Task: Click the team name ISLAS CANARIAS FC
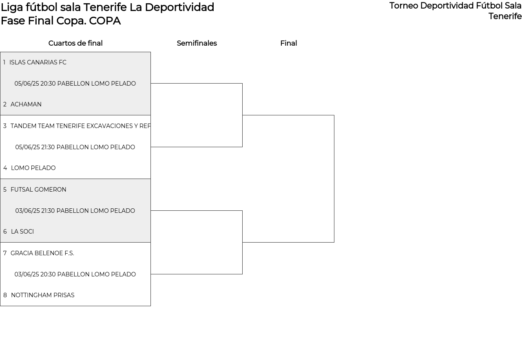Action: pyautogui.click(x=38, y=62)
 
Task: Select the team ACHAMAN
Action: pyautogui.click(x=26, y=104)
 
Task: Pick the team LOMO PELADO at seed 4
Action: pyautogui.click(x=33, y=168)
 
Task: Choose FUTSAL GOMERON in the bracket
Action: pyautogui.click(x=38, y=190)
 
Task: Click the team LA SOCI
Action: pyautogui.click(x=22, y=232)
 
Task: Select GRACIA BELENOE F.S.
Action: pyautogui.click(x=42, y=253)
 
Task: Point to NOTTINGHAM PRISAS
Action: pyautogui.click(x=43, y=295)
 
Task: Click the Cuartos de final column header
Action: pyautogui.click(x=75, y=43)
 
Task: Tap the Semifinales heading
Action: pyautogui.click(x=197, y=43)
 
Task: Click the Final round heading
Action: pyautogui.click(x=288, y=43)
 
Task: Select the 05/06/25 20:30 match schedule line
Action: pyautogui.click(x=75, y=84)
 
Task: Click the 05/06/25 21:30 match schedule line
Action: pyautogui.click(x=75, y=147)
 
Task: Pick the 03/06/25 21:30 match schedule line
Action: pyautogui.click(x=75, y=211)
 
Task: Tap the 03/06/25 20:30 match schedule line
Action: pyautogui.click(x=75, y=274)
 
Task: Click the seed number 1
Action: pyautogui.click(x=4, y=62)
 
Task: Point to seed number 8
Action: pyautogui.click(x=5, y=295)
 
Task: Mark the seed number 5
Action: pyautogui.click(x=4, y=190)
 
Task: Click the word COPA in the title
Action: pyautogui.click(x=105, y=21)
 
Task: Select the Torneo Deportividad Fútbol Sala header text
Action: pyautogui.click(x=456, y=6)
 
